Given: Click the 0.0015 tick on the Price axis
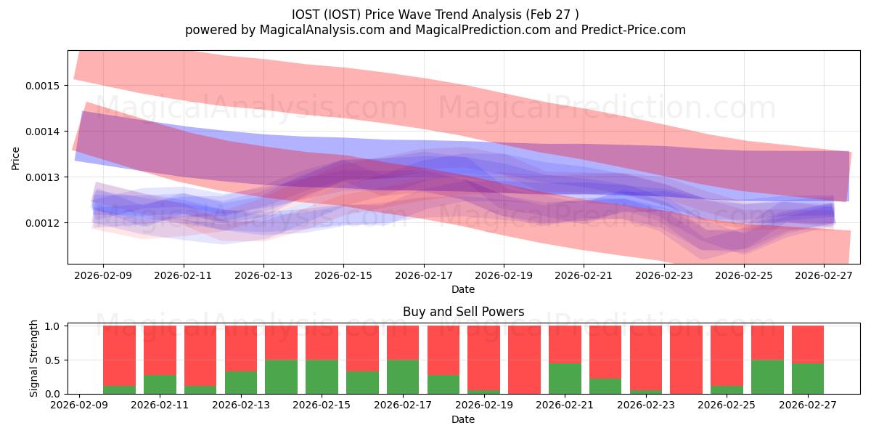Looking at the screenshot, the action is (x=42, y=86).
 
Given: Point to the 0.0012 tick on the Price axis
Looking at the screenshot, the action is (x=42, y=223).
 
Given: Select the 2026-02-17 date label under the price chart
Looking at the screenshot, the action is (x=424, y=275).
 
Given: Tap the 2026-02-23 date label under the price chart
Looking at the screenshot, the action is (x=664, y=275).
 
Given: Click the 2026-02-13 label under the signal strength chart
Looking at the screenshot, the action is (x=241, y=405).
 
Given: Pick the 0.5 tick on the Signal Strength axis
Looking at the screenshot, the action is (x=52, y=360).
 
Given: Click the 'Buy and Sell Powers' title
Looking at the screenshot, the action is (x=464, y=312).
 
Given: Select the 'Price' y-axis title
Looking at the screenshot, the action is (x=15, y=158).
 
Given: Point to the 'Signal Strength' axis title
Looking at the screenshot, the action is (x=33, y=358).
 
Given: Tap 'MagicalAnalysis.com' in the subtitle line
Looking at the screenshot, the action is (x=322, y=30).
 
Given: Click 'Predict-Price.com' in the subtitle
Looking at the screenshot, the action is (x=634, y=30).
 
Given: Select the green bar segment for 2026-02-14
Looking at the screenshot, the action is (x=281, y=377).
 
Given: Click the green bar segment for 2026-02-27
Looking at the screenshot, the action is (x=808, y=379).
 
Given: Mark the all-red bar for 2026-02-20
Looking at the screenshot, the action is (x=524, y=360).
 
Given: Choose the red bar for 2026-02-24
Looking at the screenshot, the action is (x=687, y=360).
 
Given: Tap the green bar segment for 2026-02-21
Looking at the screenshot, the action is (x=565, y=379).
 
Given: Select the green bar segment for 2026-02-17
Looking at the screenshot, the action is (x=403, y=377).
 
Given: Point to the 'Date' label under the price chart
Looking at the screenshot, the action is (x=463, y=290).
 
